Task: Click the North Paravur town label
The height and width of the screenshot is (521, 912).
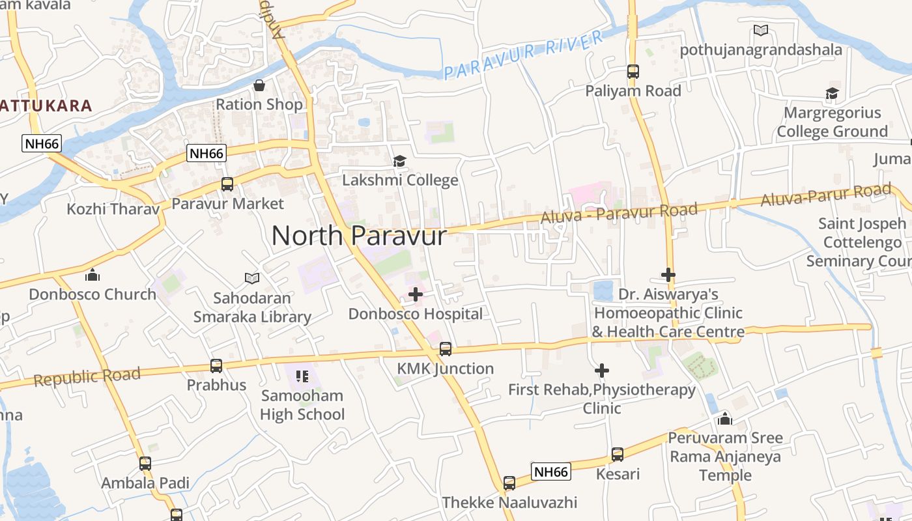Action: click(x=359, y=235)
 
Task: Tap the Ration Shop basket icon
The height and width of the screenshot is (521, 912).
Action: click(x=259, y=85)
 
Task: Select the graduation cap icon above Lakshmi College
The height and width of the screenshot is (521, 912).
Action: click(x=399, y=161)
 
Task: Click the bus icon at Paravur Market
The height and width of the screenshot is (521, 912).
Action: click(x=227, y=184)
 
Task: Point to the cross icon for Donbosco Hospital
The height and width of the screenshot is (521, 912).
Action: click(x=416, y=294)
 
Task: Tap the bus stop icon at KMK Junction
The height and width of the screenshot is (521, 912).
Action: click(x=446, y=349)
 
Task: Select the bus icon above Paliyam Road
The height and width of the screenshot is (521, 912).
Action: click(x=633, y=72)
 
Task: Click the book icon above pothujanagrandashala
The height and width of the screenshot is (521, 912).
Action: click(x=761, y=30)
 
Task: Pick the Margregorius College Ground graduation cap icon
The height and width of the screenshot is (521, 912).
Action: click(x=832, y=94)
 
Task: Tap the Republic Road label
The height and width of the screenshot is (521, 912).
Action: click(x=87, y=376)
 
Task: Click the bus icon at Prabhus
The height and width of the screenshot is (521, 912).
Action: click(x=216, y=366)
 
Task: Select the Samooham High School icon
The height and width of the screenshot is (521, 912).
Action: click(x=302, y=376)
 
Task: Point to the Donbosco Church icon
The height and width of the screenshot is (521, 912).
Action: click(x=93, y=275)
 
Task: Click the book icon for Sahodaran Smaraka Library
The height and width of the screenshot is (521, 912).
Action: click(x=252, y=278)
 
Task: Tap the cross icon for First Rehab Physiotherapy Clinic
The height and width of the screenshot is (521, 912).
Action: click(x=602, y=371)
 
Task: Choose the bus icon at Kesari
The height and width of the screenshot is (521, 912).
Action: click(x=618, y=455)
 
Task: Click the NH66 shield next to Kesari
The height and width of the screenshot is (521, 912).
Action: click(x=551, y=472)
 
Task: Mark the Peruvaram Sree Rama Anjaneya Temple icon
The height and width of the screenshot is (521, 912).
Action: click(x=725, y=418)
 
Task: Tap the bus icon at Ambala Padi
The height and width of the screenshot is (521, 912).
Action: click(x=145, y=464)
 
